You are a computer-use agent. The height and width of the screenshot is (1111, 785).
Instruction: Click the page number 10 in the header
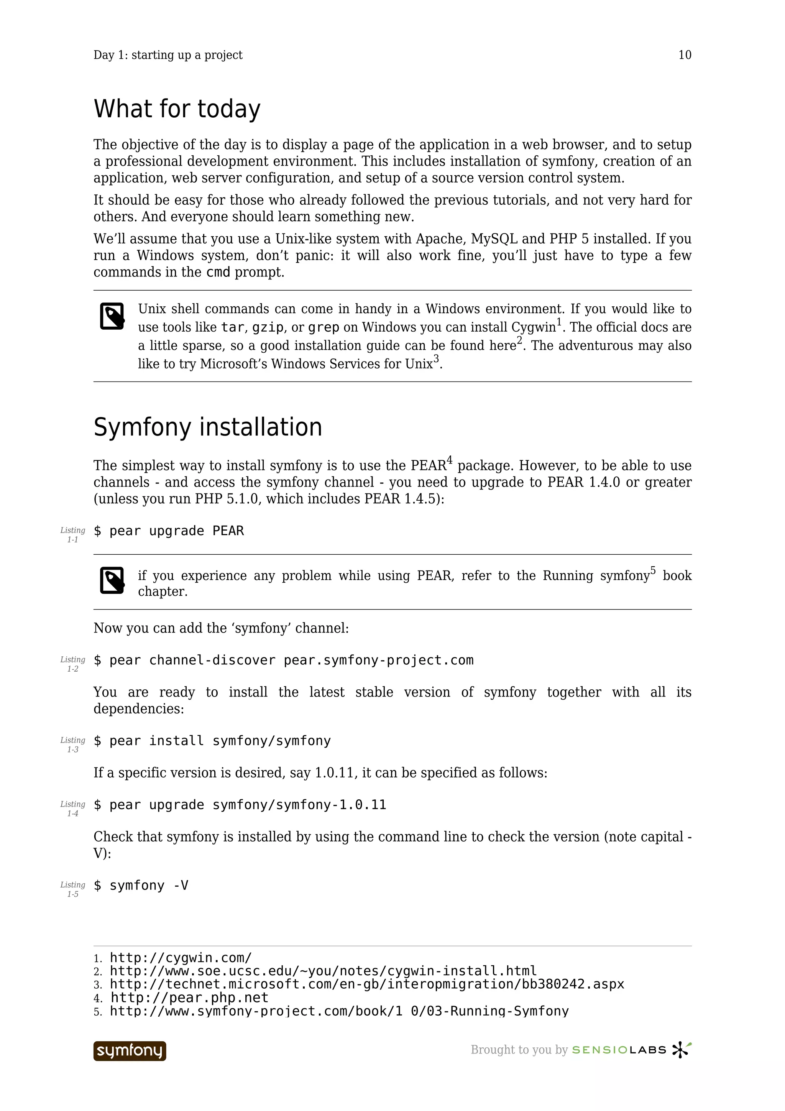[685, 55]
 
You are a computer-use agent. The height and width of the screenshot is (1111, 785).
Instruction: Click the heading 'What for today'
[177, 109]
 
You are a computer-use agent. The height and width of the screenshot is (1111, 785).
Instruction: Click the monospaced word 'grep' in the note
[324, 328]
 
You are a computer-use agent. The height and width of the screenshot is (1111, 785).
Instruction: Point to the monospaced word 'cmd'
[218, 273]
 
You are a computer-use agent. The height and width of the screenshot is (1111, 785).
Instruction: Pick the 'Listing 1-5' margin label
[72, 889]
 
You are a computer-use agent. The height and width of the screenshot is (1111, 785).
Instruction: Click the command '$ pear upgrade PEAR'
[169, 531]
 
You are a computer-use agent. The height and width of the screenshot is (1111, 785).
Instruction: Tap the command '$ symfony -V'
[141, 886]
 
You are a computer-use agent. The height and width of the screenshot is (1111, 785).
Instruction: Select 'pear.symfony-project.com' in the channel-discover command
[378, 661]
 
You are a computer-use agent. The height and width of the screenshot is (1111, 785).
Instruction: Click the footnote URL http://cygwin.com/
[181, 958]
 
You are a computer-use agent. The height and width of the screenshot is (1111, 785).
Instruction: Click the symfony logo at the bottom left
[130, 1050]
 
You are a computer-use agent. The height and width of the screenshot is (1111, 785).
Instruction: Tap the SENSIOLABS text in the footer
[619, 1050]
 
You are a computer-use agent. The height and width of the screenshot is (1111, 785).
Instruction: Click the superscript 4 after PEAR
[449, 460]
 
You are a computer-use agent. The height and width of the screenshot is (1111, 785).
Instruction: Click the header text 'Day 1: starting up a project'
[168, 55]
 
